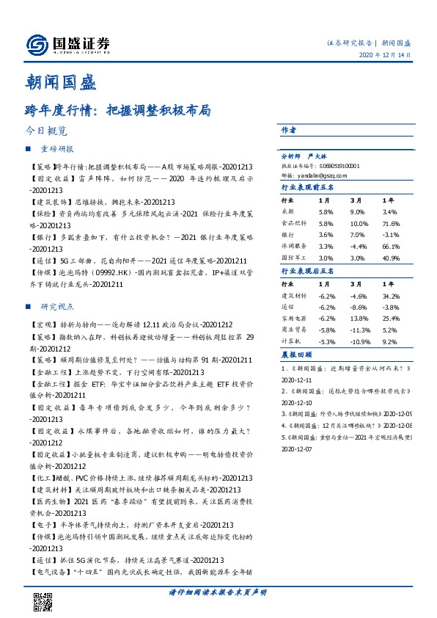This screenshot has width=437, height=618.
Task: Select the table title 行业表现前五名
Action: click(308, 187)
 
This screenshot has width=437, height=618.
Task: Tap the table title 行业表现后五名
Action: click(308, 272)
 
